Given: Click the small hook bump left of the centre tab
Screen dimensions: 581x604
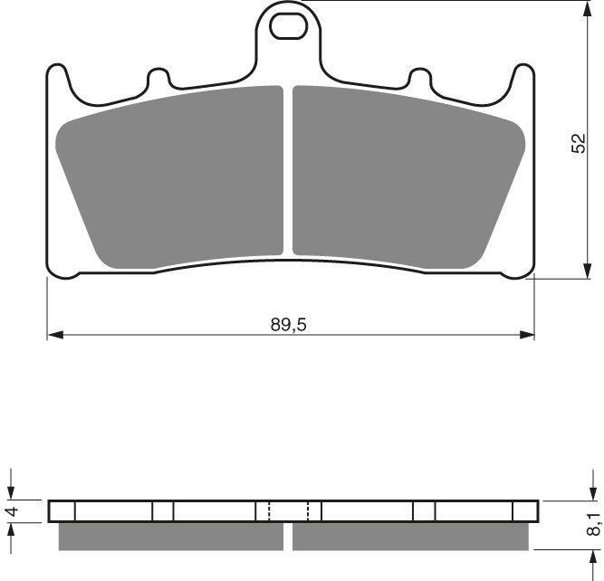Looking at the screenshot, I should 159,76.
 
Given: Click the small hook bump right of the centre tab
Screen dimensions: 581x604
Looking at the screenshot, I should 420,76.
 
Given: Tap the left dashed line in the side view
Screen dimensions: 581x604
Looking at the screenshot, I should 270,511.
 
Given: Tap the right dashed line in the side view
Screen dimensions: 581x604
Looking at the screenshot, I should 309,511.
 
